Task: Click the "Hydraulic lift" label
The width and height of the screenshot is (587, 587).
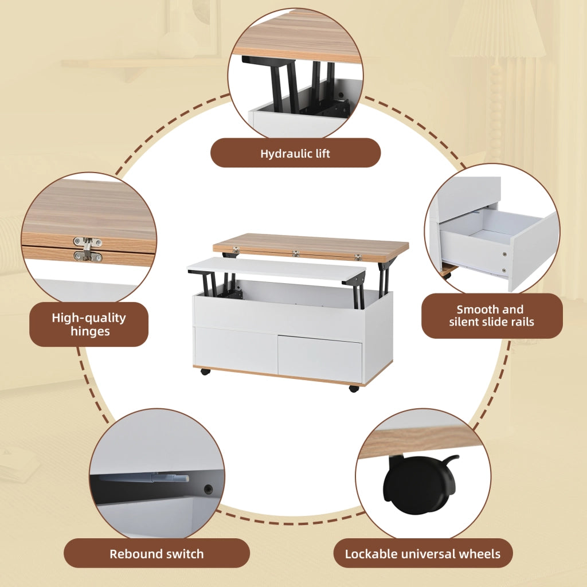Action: click(295, 153)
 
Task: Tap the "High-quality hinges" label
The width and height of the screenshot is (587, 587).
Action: click(89, 324)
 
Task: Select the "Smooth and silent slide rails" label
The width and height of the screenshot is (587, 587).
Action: click(491, 316)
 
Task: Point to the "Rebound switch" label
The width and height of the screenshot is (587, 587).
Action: click(156, 554)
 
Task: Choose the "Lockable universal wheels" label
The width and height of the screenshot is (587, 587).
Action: click(422, 554)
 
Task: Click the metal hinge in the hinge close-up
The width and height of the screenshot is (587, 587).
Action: click(87, 249)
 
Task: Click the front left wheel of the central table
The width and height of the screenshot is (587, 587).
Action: click(205, 371)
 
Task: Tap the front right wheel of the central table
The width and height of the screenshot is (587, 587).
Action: click(354, 388)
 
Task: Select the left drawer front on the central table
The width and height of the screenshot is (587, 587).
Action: click(236, 350)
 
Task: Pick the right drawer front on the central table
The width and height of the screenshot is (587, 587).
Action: click(320, 358)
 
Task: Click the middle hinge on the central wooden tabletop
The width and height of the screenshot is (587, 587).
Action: click(296, 253)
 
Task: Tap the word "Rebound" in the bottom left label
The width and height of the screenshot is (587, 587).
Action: click(132, 554)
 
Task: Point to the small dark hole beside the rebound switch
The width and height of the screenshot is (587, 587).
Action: click(208, 490)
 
